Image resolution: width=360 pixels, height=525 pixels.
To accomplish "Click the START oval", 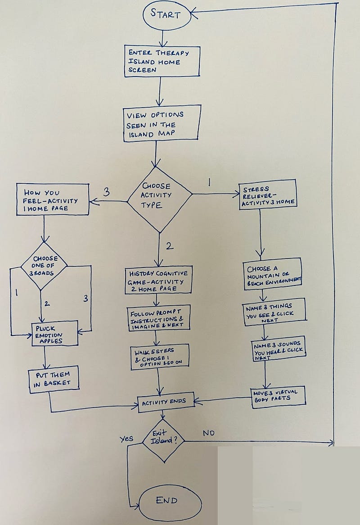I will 165,14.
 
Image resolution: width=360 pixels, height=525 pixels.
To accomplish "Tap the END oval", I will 166,500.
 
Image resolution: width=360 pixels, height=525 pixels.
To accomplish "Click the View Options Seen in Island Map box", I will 161,123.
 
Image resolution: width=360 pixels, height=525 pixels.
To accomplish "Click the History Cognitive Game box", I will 159,281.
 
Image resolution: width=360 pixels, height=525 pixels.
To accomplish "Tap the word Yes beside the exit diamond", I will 126,438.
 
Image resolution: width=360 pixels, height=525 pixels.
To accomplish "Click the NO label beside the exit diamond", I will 208,433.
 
